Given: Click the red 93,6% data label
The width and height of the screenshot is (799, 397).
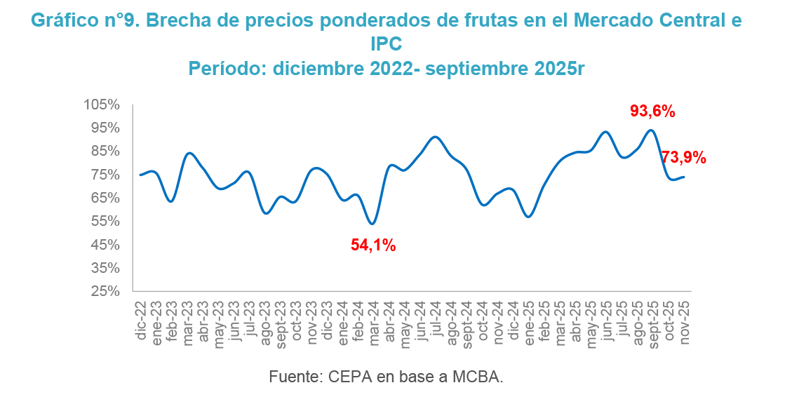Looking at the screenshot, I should [x=652, y=111].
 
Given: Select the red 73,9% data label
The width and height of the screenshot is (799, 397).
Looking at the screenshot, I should [x=683, y=158].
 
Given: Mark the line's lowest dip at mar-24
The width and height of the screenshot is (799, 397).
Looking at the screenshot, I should [x=372, y=224].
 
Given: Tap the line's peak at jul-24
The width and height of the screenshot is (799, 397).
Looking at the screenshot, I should [x=436, y=137].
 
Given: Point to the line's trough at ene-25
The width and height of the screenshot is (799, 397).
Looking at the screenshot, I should [x=528, y=217].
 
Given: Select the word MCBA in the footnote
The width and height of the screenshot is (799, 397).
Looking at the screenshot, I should [x=479, y=377].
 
